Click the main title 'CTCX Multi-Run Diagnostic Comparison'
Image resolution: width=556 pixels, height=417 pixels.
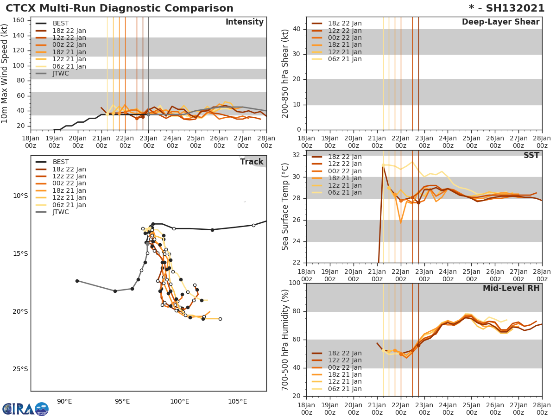coord(120,8)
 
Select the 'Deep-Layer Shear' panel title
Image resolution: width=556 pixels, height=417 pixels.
coord(500,22)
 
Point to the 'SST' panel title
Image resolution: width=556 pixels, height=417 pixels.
coord(531,156)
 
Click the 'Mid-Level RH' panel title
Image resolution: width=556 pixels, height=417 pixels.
coord(511,288)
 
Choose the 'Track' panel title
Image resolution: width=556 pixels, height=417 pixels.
coord(252,162)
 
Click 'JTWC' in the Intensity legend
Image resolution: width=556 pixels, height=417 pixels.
coord(61,74)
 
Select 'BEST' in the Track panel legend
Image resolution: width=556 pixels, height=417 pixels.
coord(61,162)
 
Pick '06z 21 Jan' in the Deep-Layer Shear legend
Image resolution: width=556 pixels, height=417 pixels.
coord(345,59)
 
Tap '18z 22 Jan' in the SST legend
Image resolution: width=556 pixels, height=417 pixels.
coord(345,157)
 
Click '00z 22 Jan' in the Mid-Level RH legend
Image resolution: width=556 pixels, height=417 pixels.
coord(345,367)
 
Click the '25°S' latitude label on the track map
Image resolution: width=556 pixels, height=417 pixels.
coord(20,369)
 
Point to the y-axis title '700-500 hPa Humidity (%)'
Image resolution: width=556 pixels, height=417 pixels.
coord(285,340)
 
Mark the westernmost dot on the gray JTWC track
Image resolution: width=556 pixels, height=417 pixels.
coord(77,281)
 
